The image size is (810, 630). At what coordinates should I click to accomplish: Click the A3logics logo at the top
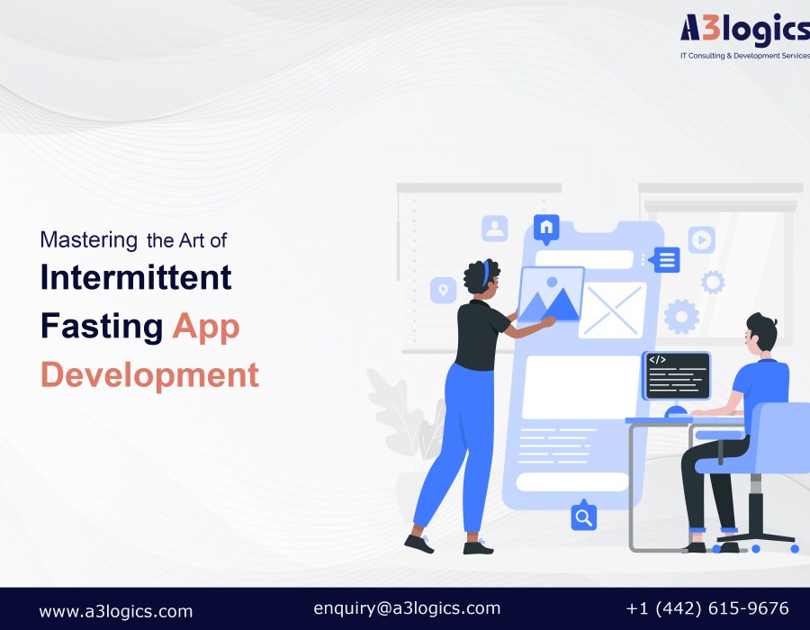click(x=745, y=35)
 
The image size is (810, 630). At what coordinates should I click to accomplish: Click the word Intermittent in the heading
click(x=136, y=277)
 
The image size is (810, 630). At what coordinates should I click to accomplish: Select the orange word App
click(x=206, y=327)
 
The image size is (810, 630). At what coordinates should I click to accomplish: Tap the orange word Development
click(x=149, y=375)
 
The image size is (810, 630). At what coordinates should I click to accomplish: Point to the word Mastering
click(x=89, y=240)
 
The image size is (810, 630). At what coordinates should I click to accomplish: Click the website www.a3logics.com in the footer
click(x=116, y=611)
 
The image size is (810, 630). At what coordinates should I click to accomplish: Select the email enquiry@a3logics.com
click(x=407, y=608)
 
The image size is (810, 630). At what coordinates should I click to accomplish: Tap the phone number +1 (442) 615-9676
click(x=707, y=608)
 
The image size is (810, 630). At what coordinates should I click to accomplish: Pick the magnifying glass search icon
click(x=584, y=516)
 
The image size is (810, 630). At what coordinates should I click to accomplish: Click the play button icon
click(x=701, y=239)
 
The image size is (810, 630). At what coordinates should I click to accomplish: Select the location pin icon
click(x=443, y=290)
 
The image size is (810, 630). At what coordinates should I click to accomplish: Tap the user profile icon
click(x=495, y=229)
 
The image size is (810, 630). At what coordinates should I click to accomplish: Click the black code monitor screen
click(x=677, y=375)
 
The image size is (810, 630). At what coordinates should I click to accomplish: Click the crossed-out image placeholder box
click(x=613, y=310)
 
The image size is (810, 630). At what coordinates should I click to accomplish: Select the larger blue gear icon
click(x=681, y=317)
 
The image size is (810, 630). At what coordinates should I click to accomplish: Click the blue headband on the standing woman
click(x=486, y=274)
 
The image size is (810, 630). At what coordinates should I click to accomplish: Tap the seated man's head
click(x=761, y=333)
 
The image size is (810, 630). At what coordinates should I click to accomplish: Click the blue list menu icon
click(x=665, y=260)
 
